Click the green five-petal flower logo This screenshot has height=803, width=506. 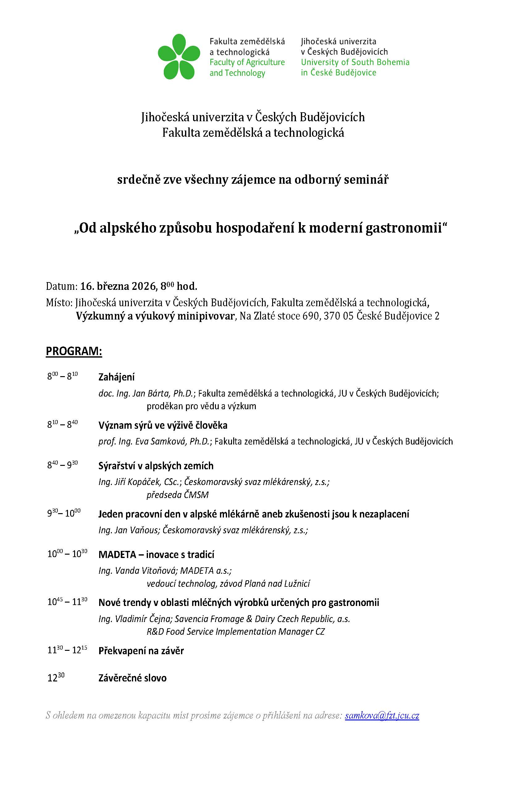tap(179, 57)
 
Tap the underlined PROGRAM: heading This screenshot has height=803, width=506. tap(74, 351)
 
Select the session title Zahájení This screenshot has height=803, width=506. tap(116, 377)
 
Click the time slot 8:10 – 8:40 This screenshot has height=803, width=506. tap(62, 424)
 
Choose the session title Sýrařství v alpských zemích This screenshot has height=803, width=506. tap(156, 466)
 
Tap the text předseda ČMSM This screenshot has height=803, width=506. tap(177, 495)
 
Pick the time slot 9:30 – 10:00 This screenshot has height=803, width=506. tap(64, 513)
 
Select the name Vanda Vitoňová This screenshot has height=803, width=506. tap(145, 571)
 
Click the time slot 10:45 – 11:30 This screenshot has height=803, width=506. tap(67, 602)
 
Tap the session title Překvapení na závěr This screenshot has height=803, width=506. tap(141, 651)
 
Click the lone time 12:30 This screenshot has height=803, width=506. tap(56, 678)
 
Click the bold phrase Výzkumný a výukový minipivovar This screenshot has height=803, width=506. tap(155, 316)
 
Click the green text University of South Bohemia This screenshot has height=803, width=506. tap(355, 62)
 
